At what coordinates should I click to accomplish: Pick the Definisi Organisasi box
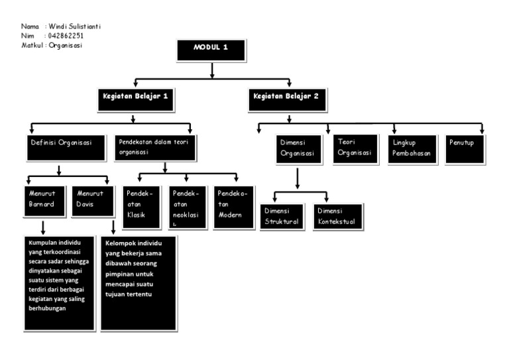click(61, 147)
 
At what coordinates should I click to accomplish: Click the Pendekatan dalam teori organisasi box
click(156, 147)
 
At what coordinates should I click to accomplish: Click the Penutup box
click(462, 147)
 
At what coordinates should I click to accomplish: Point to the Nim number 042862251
click(66, 36)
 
